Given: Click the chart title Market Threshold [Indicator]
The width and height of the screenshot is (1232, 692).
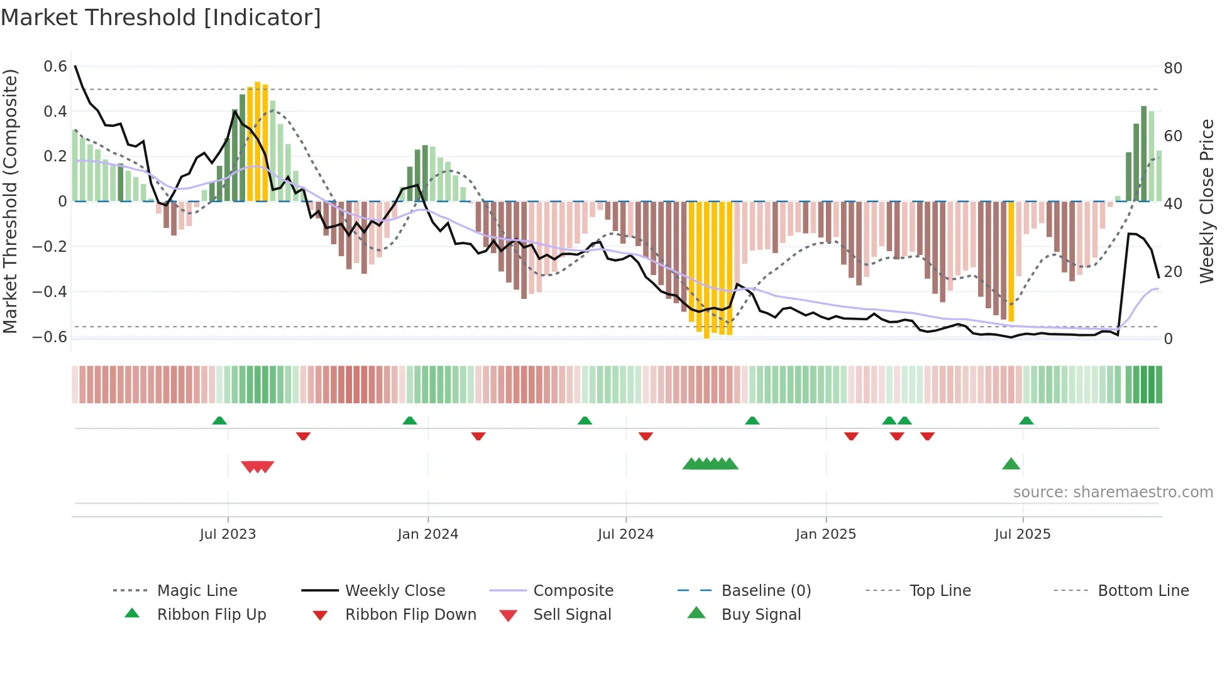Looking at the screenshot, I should click(161, 18).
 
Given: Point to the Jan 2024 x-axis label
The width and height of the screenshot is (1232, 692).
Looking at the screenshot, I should click(427, 534).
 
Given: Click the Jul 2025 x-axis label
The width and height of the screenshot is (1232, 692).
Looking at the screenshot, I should click(1022, 534).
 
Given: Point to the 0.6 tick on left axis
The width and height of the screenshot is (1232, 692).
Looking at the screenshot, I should click(55, 67).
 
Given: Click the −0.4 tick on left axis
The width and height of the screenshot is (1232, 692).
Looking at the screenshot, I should click(50, 292).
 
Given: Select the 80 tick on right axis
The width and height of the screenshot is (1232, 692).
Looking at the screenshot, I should click(1173, 68).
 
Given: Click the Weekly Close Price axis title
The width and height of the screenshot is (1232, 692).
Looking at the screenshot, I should click(1206, 201).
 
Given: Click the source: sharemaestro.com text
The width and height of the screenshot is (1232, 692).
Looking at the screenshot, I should click(1113, 492).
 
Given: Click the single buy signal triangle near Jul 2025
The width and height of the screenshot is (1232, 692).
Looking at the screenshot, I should click(1011, 464).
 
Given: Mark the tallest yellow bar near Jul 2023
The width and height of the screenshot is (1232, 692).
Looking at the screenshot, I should click(257, 141).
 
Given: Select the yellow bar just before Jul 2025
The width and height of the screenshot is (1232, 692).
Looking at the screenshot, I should click(1011, 261).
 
